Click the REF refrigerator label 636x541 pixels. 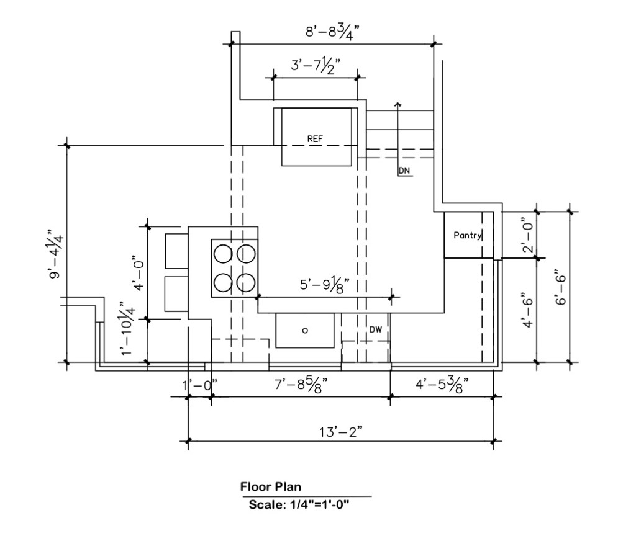point(315,139)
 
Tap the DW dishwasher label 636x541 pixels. point(376,329)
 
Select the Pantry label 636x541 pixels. point(468,235)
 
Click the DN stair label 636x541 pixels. point(405,170)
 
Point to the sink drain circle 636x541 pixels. point(305,331)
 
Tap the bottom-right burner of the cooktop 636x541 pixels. point(247,282)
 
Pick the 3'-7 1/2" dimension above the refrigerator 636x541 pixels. point(316,65)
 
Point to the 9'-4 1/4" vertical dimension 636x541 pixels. point(57,254)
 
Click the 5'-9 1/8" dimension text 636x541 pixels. point(325,285)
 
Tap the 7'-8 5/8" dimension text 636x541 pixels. point(301,385)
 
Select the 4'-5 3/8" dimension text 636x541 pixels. point(441,385)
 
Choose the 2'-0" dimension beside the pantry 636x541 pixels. point(527,235)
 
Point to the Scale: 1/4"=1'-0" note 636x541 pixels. point(299,504)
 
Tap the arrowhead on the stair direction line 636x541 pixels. point(398,105)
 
